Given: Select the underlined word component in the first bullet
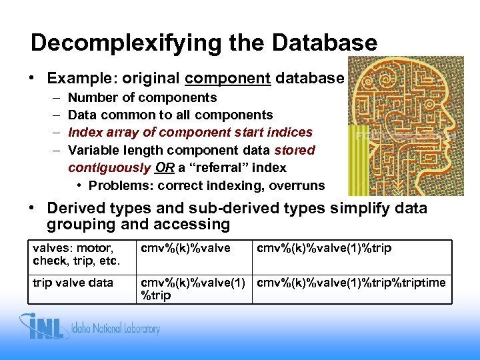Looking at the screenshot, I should pos(227,78).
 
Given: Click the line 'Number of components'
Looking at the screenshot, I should pos(142,98).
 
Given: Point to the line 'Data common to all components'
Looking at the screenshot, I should pos(170,115).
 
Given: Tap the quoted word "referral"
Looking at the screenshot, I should pos(225,167).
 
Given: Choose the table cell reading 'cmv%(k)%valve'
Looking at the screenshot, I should pos(184,249).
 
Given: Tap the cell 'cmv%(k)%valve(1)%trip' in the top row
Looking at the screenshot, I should pos(325,249).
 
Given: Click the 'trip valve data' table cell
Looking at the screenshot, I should pos(73,283).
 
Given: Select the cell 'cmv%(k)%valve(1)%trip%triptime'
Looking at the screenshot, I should pos(351,283).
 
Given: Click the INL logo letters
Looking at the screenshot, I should pos(49,328).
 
